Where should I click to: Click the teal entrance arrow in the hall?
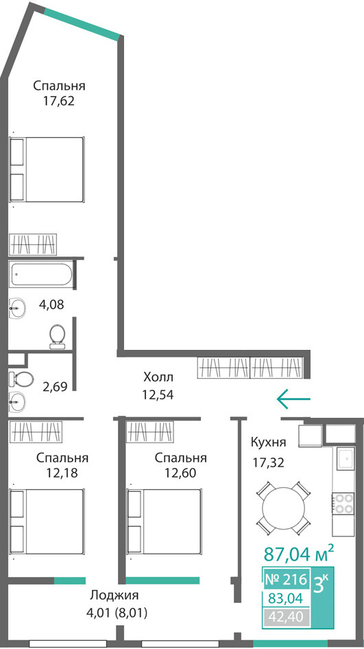click(x=293, y=399)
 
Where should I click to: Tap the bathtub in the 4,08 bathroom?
click(x=41, y=274)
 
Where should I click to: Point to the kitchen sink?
click(x=345, y=458)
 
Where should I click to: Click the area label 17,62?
click(x=59, y=101)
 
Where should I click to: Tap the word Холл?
click(x=158, y=377)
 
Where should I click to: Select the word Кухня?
click(x=269, y=442)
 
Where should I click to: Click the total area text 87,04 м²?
click(x=299, y=553)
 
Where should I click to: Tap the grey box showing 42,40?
click(x=286, y=617)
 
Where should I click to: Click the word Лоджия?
click(x=114, y=595)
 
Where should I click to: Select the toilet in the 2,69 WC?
click(x=21, y=377)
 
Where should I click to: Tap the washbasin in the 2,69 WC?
click(x=18, y=400)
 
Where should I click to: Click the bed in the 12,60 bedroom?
click(x=165, y=521)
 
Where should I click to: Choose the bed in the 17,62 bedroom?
click(x=47, y=169)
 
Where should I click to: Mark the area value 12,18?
click(x=62, y=473)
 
